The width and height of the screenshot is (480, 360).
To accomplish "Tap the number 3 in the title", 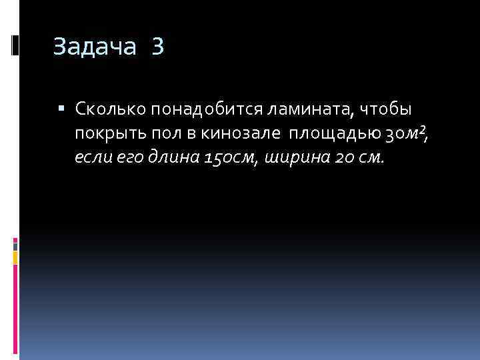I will coord(157,47).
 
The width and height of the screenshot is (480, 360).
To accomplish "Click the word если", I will coord(91,159).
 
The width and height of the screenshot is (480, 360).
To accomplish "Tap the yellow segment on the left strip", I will coord(15,256).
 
